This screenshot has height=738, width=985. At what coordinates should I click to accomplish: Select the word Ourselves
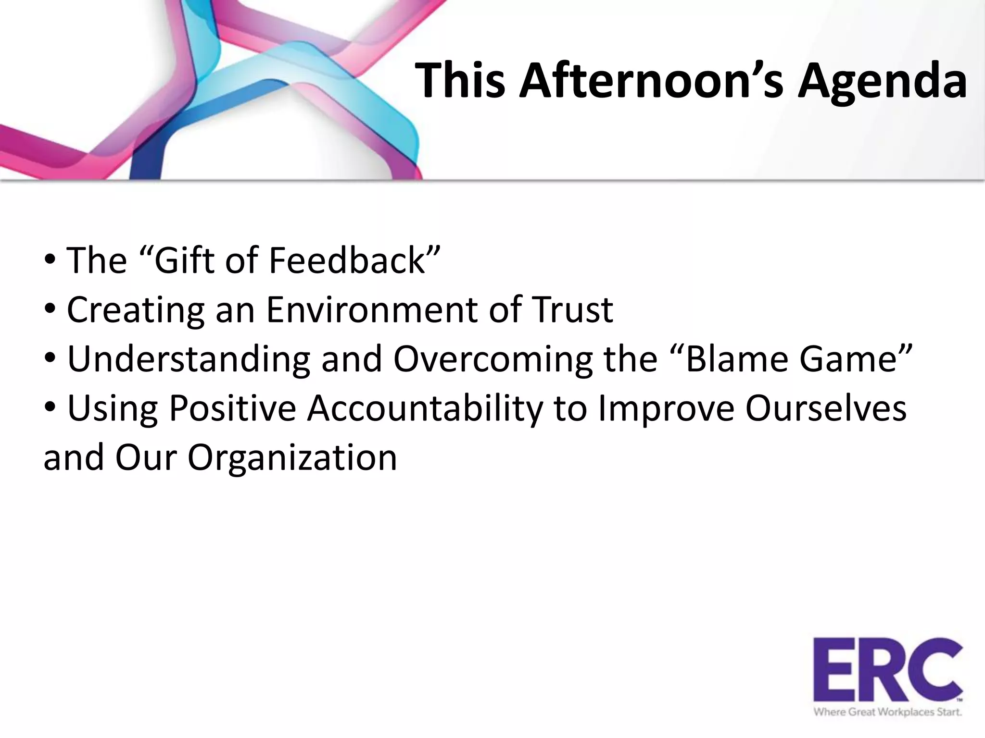(x=826, y=408)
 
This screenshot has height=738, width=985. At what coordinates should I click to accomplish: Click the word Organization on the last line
(x=292, y=457)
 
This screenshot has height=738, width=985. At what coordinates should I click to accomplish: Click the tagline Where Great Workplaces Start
(x=888, y=712)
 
